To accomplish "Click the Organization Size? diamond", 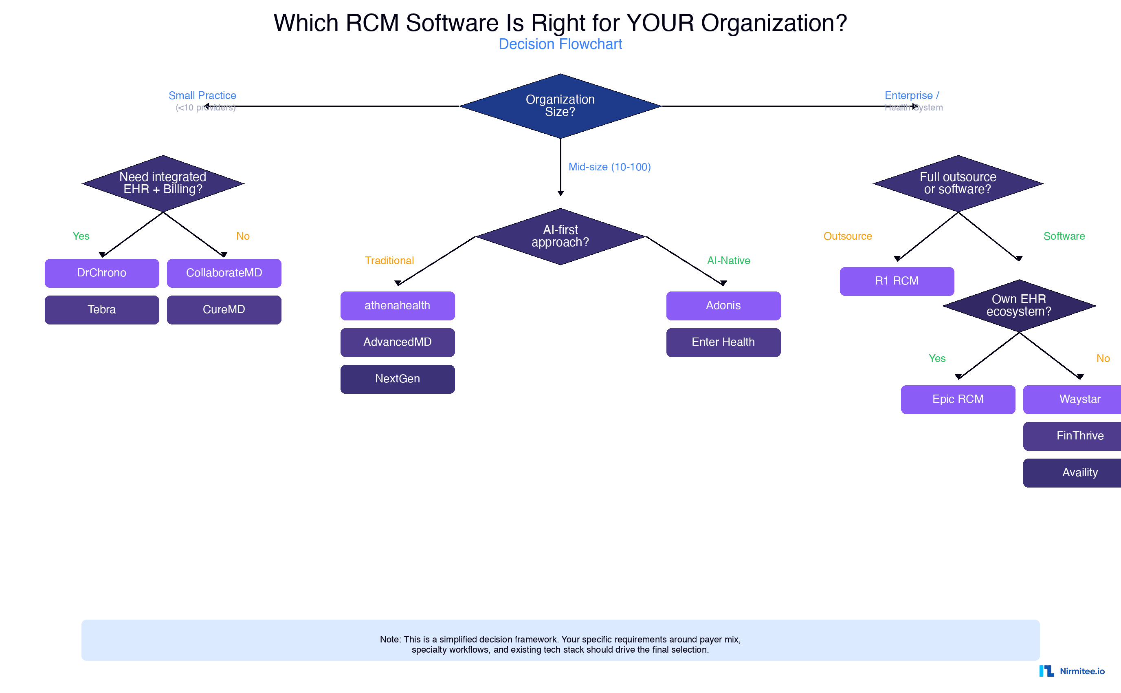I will (560, 106).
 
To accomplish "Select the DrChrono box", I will (102, 273).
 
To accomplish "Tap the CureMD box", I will (224, 310).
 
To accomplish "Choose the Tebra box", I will (102, 310).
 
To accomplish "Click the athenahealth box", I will (398, 306).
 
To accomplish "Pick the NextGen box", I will (398, 379).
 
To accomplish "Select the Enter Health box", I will (723, 342).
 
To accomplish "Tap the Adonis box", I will (723, 306).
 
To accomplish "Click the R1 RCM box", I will (897, 281).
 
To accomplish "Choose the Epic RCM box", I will (958, 399).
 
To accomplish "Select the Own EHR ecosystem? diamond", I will (1019, 306).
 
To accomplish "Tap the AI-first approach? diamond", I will (560, 236).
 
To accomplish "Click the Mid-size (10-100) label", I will (609, 167).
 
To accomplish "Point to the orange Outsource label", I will (848, 236).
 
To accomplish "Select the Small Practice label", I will (202, 95).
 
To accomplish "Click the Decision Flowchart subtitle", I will (560, 44).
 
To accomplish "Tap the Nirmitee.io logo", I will (1072, 671).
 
